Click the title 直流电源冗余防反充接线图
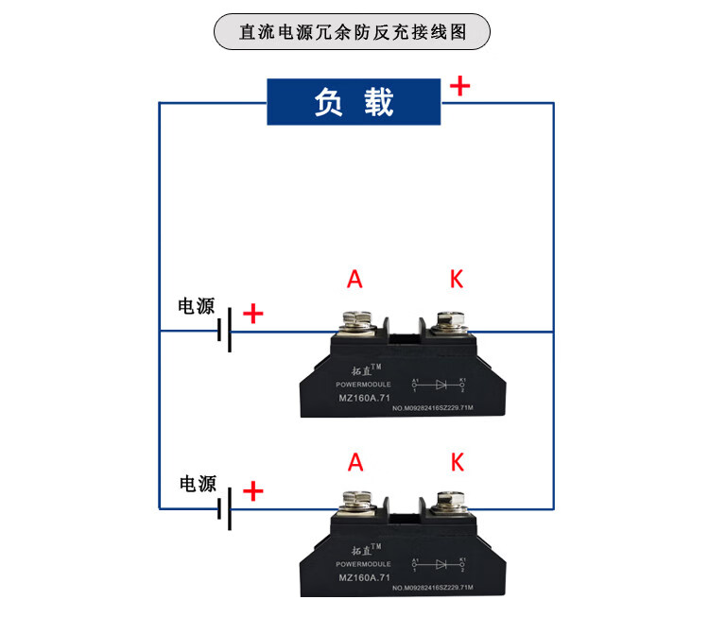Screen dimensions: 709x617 (x=353, y=31)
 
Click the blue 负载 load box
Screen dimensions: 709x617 (x=354, y=102)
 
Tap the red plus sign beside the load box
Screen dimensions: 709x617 (x=459, y=86)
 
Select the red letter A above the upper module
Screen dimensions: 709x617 (x=354, y=279)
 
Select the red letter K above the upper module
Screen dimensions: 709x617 (x=457, y=279)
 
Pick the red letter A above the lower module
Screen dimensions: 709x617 (x=355, y=462)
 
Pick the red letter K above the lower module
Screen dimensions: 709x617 (x=458, y=462)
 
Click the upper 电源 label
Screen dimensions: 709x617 (x=197, y=307)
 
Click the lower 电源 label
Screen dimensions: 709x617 (x=198, y=484)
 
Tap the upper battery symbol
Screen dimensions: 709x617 (x=224, y=332)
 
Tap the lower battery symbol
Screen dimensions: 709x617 (x=224, y=509)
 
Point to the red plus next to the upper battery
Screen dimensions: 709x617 (x=253, y=314)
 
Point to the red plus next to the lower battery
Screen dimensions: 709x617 (x=253, y=491)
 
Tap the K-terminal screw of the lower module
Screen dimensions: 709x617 (x=445, y=501)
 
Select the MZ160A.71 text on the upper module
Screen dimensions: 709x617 (x=364, y=398)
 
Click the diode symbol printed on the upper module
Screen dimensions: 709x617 (x=439, y=385)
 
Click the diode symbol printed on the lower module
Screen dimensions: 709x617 (x=439, y=564)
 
